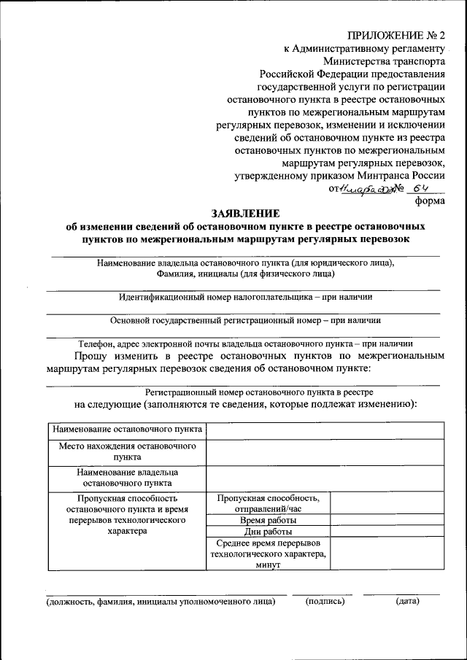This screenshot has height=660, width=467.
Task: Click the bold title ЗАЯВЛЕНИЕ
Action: [245, 214]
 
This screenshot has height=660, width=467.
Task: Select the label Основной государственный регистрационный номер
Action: [245, 319]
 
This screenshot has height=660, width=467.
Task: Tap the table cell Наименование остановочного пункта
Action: [127, 430]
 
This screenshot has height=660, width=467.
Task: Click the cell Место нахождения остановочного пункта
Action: [127, 451]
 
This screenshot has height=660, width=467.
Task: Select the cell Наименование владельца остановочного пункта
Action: [127, 477]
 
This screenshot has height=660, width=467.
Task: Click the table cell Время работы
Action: [268, 521]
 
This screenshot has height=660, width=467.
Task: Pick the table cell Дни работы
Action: [268, 532]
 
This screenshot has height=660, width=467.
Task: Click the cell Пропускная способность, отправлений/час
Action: [268, 502]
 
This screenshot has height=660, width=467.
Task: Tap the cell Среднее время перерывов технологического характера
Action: [268, 554]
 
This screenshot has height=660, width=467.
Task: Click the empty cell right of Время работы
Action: [386, 521]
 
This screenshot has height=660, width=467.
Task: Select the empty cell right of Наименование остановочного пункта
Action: [325, 430]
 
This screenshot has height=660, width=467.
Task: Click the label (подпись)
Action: [325, 602]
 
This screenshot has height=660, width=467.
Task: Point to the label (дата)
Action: [407, 602]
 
